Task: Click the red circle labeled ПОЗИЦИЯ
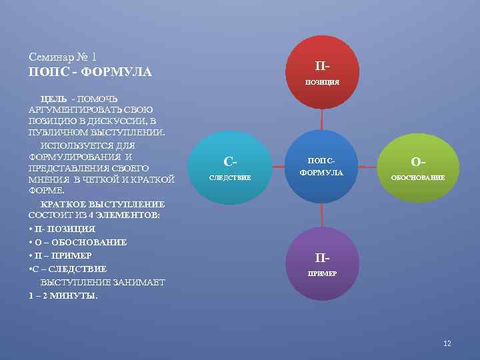[323, 73]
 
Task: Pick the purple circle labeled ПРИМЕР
[323, 264]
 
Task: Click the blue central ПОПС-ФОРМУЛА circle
[323, 167]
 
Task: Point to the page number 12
[447, 343]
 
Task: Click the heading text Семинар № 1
[64, 56]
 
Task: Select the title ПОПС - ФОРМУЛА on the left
[91, 71]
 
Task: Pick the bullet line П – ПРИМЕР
[63, 255]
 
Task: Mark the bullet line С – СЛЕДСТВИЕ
[69, 269]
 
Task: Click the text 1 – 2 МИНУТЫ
[63, 295]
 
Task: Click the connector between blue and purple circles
[323, 215]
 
